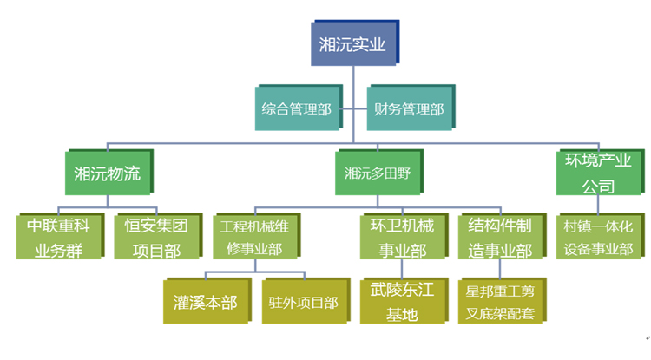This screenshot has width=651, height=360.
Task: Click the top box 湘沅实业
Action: [x=352, y=44]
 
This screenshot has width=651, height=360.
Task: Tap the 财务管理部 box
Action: [x=408, y=109]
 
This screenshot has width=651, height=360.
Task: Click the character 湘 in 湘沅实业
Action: [x=326, y=44]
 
